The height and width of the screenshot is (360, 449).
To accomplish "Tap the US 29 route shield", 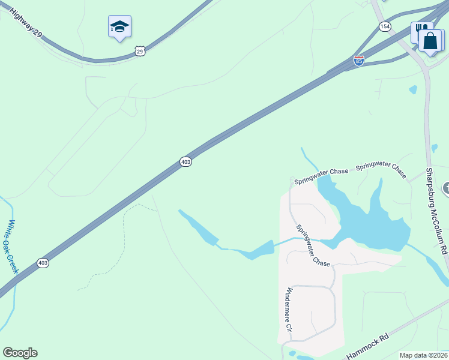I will coord(140,52).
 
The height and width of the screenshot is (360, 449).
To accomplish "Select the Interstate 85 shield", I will coord(359,61).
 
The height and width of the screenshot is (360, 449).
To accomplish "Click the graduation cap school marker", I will coord(119,26).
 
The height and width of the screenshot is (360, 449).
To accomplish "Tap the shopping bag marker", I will coord(430,41).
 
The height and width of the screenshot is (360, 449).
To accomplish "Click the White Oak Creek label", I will coord(13,245).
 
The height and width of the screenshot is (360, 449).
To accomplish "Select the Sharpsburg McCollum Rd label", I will coord(437,210).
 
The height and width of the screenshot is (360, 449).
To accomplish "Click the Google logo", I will coord(20,353).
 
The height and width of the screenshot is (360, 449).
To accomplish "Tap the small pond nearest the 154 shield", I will coord(413,90).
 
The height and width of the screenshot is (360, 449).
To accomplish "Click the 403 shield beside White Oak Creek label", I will coord(43,263).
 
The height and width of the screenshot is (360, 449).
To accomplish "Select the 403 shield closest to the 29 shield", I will coord(185,162).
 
